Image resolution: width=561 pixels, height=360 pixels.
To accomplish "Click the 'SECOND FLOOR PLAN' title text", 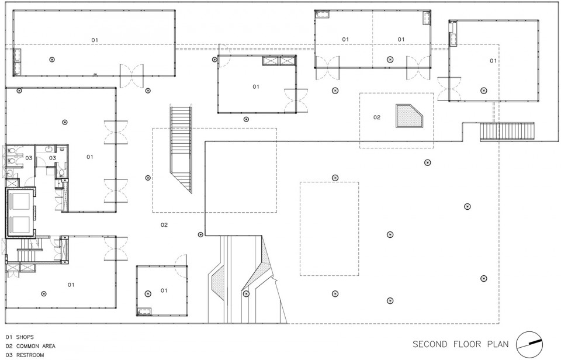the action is coord(460,344).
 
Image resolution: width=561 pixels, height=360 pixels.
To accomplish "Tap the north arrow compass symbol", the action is coord(530,344).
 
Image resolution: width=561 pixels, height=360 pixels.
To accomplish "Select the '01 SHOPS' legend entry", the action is coord(20,337).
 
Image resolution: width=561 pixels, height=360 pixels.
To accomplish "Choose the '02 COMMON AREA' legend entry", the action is coord(30,346).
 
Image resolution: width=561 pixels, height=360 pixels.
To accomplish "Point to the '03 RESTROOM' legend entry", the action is coord(25,355).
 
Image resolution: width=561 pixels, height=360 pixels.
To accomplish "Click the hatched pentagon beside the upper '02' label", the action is coord(409,116).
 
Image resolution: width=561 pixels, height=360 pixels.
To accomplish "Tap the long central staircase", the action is coord(181,148).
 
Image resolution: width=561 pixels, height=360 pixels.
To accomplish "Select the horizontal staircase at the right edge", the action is coord(507,131).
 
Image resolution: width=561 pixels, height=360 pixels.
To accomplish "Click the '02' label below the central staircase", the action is coord(164,225).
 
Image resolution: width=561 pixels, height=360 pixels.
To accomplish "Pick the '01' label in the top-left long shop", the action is coord(95,40).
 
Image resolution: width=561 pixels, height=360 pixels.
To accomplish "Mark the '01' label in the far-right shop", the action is coord(493,61).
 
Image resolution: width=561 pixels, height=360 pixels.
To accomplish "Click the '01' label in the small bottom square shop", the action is coord(164,290).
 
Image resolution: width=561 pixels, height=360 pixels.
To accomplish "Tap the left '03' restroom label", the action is coord(29,158).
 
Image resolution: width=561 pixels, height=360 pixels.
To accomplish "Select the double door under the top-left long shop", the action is coord(131,76).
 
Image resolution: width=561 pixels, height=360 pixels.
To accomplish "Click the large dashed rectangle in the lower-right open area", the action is coord(329,229).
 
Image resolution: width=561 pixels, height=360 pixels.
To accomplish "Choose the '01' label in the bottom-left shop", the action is coord(71,285).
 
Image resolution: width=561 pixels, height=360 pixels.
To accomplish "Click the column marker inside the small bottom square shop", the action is coord(147,294).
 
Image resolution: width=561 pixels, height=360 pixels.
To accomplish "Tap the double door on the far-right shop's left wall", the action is coord(449,89).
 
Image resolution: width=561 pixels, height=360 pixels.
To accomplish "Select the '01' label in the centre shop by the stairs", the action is coord(256,86).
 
